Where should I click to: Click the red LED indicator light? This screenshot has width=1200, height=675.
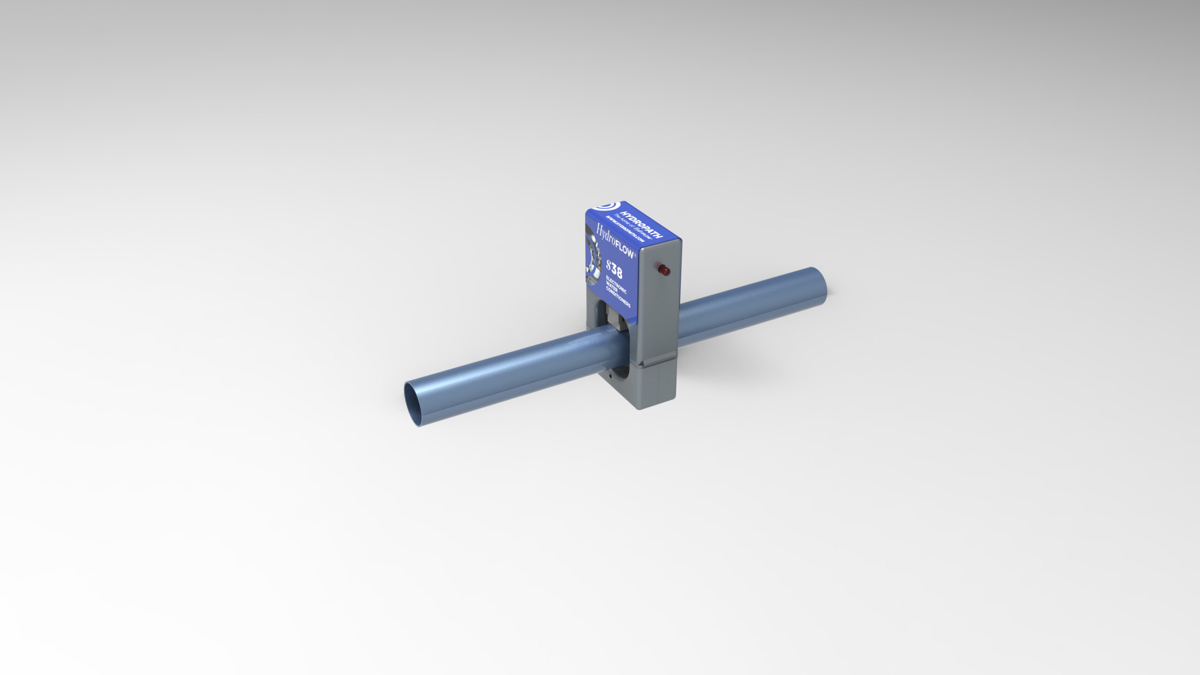(x=664, y=270)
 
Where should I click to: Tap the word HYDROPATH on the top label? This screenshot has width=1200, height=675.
(x=641, y=224)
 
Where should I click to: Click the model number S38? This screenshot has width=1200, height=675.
(x=614, y=269)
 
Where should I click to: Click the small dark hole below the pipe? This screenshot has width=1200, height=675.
(x=610, y=376)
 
